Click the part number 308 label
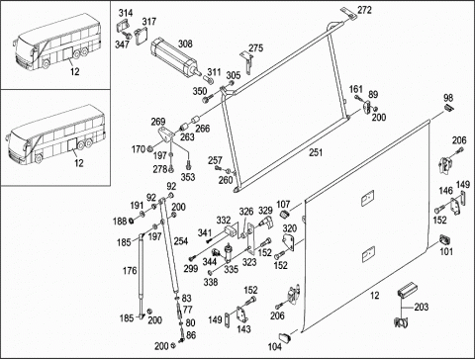185,44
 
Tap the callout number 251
316,152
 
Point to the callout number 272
364,10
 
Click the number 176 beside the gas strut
130,271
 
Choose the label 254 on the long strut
181,241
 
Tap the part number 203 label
422,307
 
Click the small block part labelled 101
445,239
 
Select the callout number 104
274,346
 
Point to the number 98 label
448,98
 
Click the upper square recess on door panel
367,198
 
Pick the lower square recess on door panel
368,254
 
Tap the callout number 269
158,122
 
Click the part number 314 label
126,13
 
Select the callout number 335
231,269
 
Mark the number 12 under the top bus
75,71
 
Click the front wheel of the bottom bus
39,158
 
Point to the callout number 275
255,48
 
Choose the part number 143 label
243,329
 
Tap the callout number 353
188,177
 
